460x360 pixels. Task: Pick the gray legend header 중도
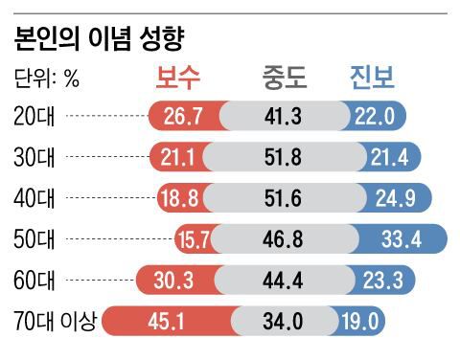click(x=286, y=78)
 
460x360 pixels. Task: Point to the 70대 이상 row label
click(x=56, y=322)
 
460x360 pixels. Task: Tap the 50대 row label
click(x=35, y=239)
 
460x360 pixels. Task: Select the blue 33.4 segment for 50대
click(x=401, y=239)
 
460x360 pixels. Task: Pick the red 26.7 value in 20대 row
click(x=183, y=116)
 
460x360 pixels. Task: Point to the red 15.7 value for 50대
click(x=194, y=239)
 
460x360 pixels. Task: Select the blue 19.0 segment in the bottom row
click(x=362, y=322)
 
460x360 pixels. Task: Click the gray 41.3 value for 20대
click(x=284, y=116)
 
